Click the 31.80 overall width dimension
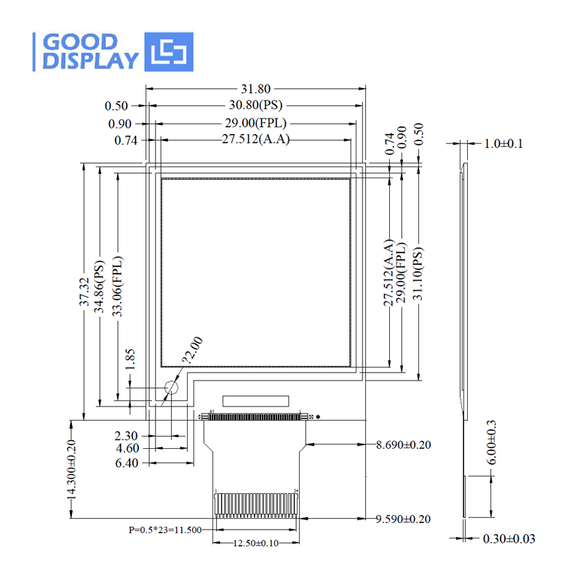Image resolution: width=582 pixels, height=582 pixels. (255, 89)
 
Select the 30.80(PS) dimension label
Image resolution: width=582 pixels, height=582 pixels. (255, 105)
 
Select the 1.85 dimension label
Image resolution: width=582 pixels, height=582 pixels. (130, 359)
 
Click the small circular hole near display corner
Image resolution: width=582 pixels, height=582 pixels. (172, 388)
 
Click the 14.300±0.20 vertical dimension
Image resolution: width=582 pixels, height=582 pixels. (71, 469)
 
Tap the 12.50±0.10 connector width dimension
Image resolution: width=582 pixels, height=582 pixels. (256, 543)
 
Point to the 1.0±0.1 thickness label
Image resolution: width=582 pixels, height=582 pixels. (503, 143)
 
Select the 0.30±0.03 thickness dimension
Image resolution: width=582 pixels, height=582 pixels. (509, 539)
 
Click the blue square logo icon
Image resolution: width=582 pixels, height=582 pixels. (170, 52)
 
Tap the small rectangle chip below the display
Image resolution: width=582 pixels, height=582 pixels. (256, 400)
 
